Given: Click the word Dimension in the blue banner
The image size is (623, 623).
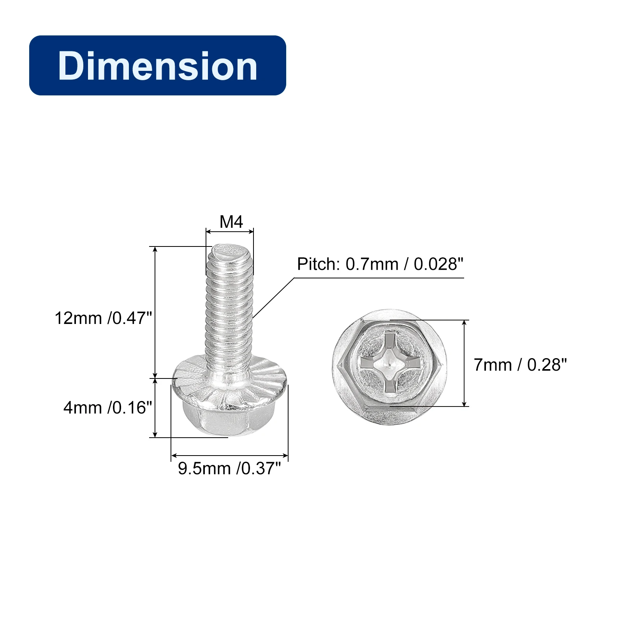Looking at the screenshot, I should coord(157,66).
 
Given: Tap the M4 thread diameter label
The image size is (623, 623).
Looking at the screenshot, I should coord(231,222).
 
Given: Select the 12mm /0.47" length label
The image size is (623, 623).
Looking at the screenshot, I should coord(103,318).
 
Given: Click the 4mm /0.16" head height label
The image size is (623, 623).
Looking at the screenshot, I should coord(108,408).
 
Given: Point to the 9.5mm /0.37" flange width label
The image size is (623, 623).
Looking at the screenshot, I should coord(229,468).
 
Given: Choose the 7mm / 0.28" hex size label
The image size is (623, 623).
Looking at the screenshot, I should coord(520,365).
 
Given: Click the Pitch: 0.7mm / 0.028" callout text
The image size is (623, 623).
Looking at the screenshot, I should coord(380,264).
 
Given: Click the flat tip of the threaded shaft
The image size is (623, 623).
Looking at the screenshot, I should coord(230,250).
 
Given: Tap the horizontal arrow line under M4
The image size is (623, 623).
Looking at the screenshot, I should coord(230,232).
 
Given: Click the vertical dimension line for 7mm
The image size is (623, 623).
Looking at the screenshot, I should coord(464,363).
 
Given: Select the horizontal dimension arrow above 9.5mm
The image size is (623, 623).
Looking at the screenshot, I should coord(229,455).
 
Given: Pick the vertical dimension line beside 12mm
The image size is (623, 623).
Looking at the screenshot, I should coord(155,311).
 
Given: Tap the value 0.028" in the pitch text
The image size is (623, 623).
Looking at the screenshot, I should coord(438,264).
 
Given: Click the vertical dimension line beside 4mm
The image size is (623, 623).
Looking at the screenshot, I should coord(155,408).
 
